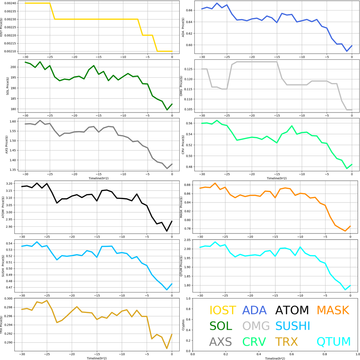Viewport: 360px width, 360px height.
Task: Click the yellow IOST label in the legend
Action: click(223, 310)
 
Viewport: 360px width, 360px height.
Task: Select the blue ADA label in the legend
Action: click(255, 310)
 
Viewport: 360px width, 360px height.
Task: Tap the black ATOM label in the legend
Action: click(292, 310)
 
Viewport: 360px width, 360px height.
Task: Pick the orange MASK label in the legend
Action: click(333, 310)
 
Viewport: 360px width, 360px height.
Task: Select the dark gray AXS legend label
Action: click(220, 341)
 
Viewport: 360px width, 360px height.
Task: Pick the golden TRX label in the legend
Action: click(287, 341)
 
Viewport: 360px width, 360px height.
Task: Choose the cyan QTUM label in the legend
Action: click(334, 341)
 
